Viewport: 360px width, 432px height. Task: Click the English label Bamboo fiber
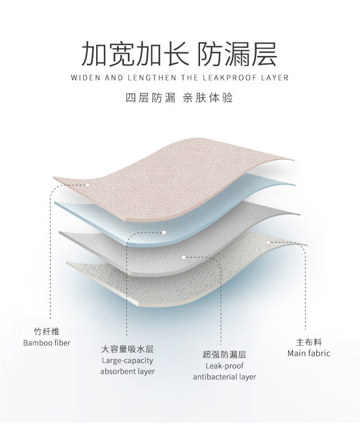[46, 342]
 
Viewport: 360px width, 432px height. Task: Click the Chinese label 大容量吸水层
[128, 349]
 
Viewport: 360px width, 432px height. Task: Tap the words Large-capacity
[128, 360]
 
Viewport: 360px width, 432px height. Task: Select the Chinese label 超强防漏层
[224, 354]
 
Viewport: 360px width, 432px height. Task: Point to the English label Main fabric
[309, 353]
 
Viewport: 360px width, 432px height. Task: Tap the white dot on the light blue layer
[163, 233]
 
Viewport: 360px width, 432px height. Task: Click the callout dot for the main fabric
[268, 242]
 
